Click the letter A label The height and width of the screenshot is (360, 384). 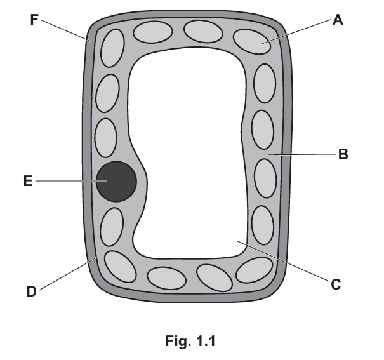pos(338,20)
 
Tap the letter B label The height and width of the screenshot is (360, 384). pos(343,154)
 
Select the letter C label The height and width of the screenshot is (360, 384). pos(336,284)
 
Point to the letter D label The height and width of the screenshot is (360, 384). pos(32,291)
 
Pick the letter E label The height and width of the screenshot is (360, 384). pos(28,181)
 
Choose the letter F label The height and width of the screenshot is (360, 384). pos(34,20)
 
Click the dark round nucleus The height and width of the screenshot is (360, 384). pos(116,182)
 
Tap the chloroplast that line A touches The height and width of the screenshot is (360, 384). pos(252,41)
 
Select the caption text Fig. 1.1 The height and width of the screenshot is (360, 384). pos(190,341)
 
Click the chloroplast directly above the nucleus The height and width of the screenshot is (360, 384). pos(106,138)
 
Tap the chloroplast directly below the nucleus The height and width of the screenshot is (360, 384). pos(112,227)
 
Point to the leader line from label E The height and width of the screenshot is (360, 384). pos(72,181)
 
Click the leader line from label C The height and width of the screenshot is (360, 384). pos(283,261)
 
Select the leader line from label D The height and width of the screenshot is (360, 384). pos(67,274)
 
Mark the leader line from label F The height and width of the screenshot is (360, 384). pos(67,30)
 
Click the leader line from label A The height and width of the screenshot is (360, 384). pos(296,32)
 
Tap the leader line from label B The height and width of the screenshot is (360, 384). pos(302,154)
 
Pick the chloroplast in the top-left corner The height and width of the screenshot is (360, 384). pos(112,48)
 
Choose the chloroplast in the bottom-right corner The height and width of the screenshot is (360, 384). pos(255,270)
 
